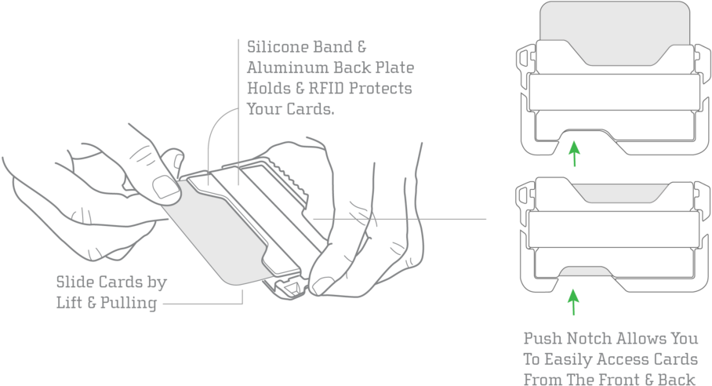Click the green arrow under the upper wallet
tap(575, 153)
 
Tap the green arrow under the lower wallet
tap(573, 302)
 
